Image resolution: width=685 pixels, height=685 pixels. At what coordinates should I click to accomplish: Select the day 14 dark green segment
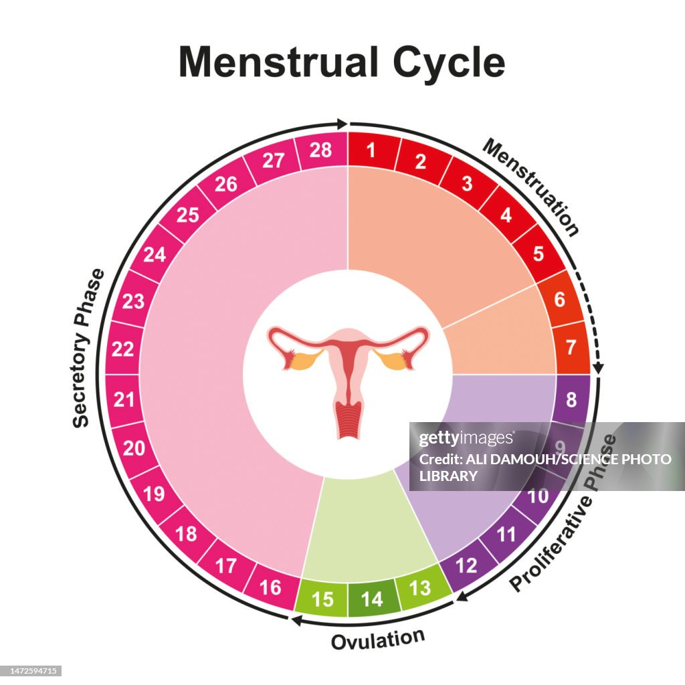pos(372,599)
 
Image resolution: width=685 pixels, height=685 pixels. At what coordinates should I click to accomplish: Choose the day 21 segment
pos(124,399)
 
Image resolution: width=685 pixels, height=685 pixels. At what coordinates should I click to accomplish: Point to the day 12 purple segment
pos(467,566)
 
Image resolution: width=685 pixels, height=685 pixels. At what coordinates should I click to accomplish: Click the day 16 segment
pos(270,587)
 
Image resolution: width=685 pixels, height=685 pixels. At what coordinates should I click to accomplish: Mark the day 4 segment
pos(506,215)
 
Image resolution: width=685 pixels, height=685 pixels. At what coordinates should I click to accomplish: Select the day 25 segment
pos(188,214)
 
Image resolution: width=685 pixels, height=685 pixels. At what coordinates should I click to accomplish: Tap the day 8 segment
pos(571,400)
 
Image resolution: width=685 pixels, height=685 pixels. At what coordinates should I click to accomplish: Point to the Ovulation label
pos(378,638)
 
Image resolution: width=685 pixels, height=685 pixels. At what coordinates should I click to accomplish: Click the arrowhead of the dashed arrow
pos(598,367)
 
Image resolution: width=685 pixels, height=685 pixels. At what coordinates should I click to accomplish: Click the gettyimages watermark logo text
pos(466,439)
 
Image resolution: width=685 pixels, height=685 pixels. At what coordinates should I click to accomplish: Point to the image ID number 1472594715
pos(31,670)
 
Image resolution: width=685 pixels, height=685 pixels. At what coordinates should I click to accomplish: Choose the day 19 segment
pos(154,494)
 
